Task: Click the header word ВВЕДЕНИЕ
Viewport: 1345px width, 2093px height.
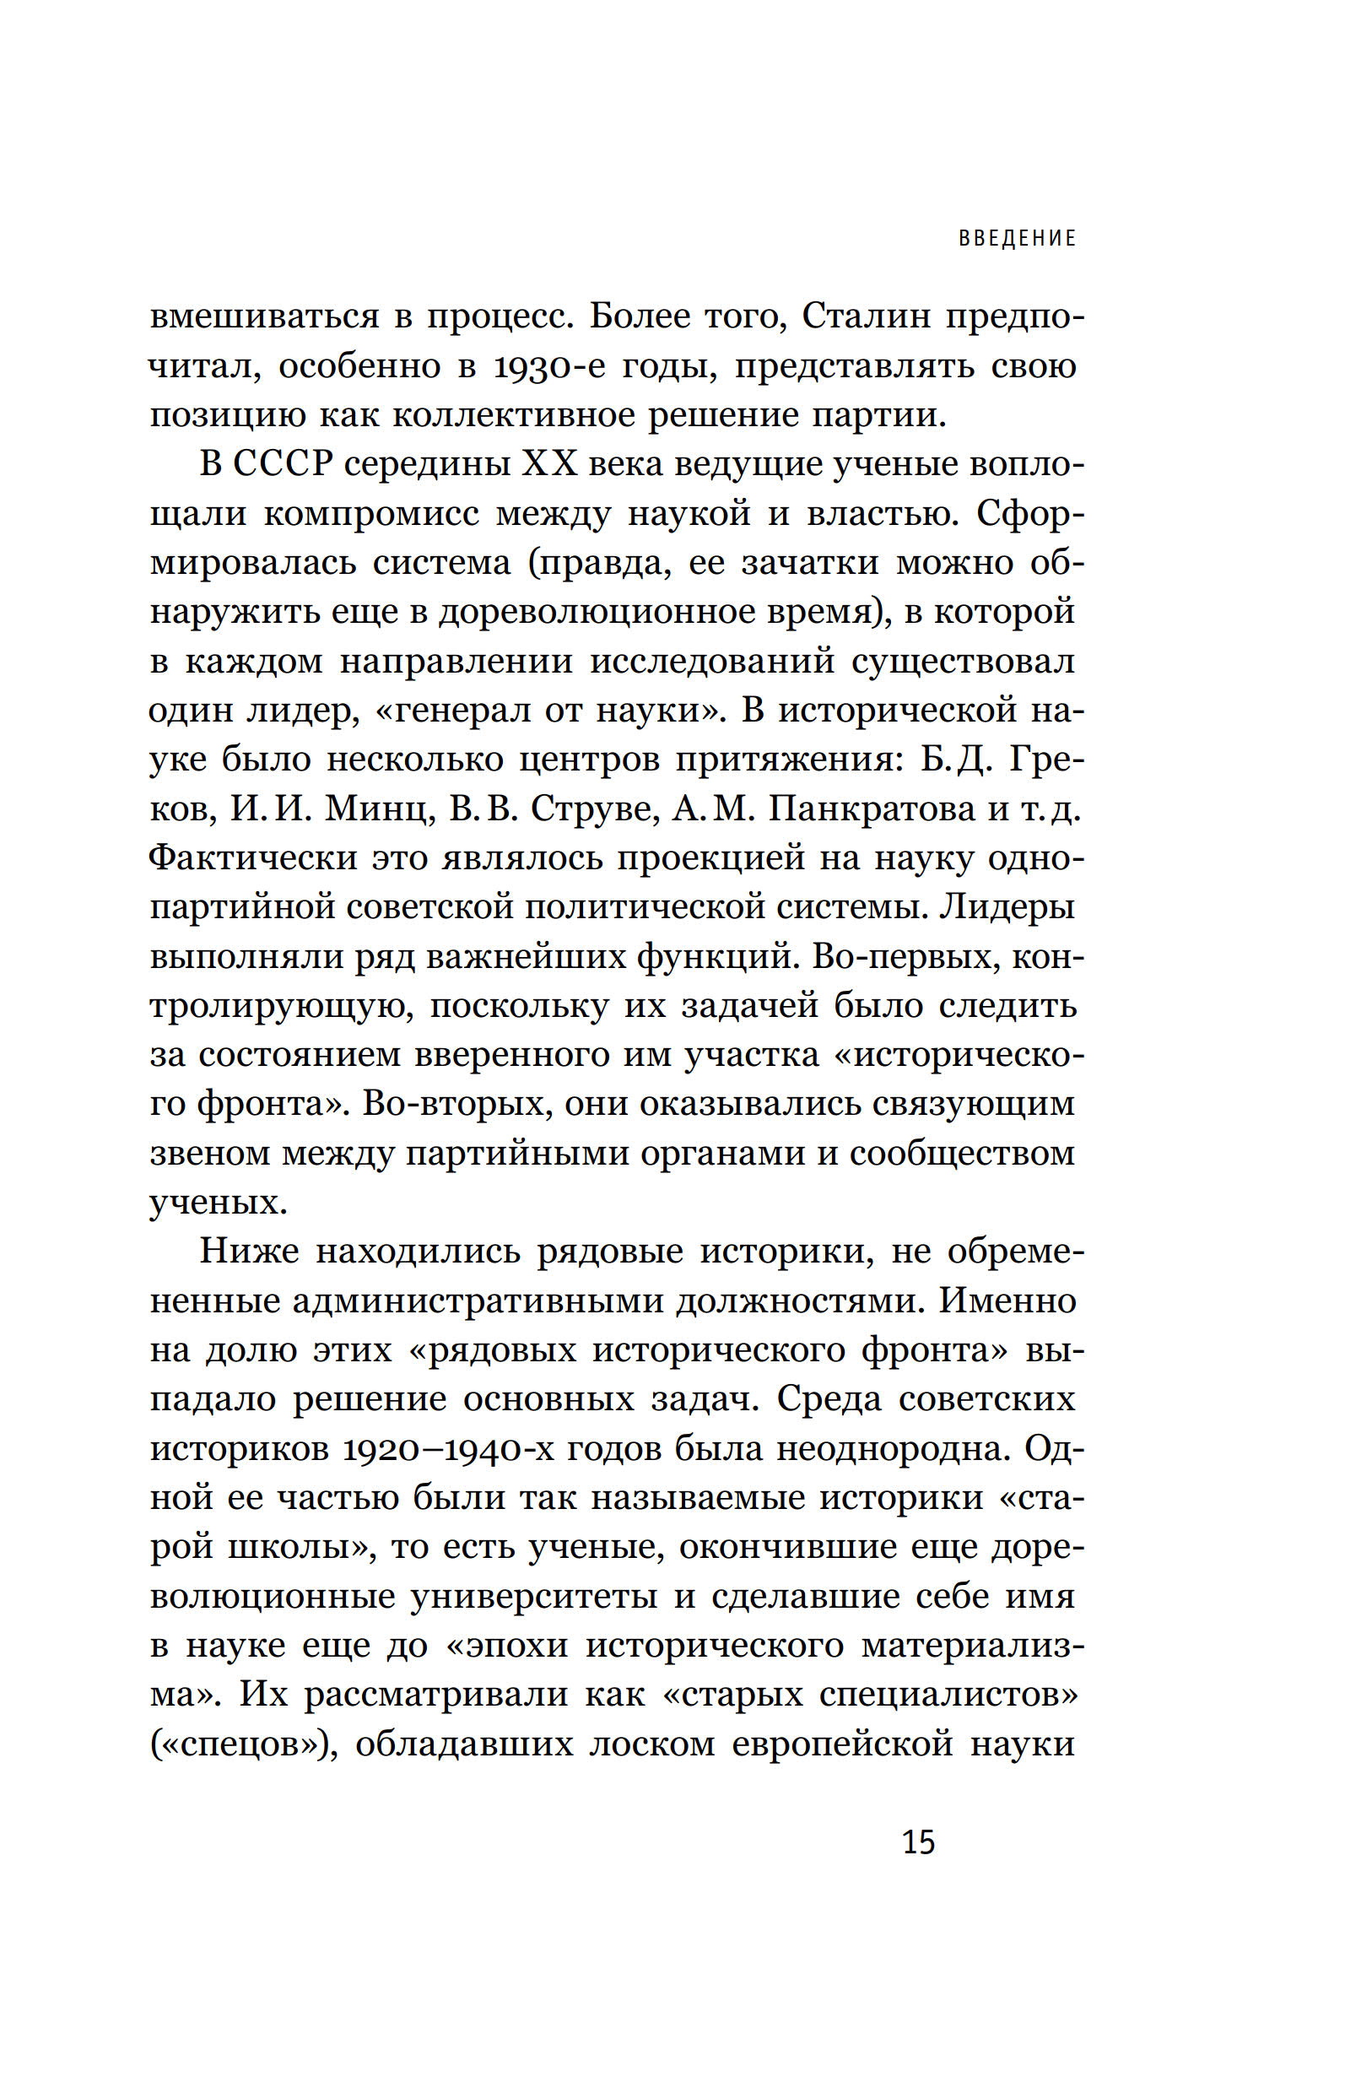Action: pyautogui.click(x=1018, y=239)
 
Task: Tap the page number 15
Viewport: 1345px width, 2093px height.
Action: pyautogui.click(x=918, y=1842)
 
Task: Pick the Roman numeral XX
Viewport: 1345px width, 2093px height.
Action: pyautogui.click(x=549, y=464)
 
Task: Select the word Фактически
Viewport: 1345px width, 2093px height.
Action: pyautogui.click(x=253, y=857)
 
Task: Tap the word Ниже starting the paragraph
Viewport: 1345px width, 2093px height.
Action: pyautogui.click(x=249, y=1252)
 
